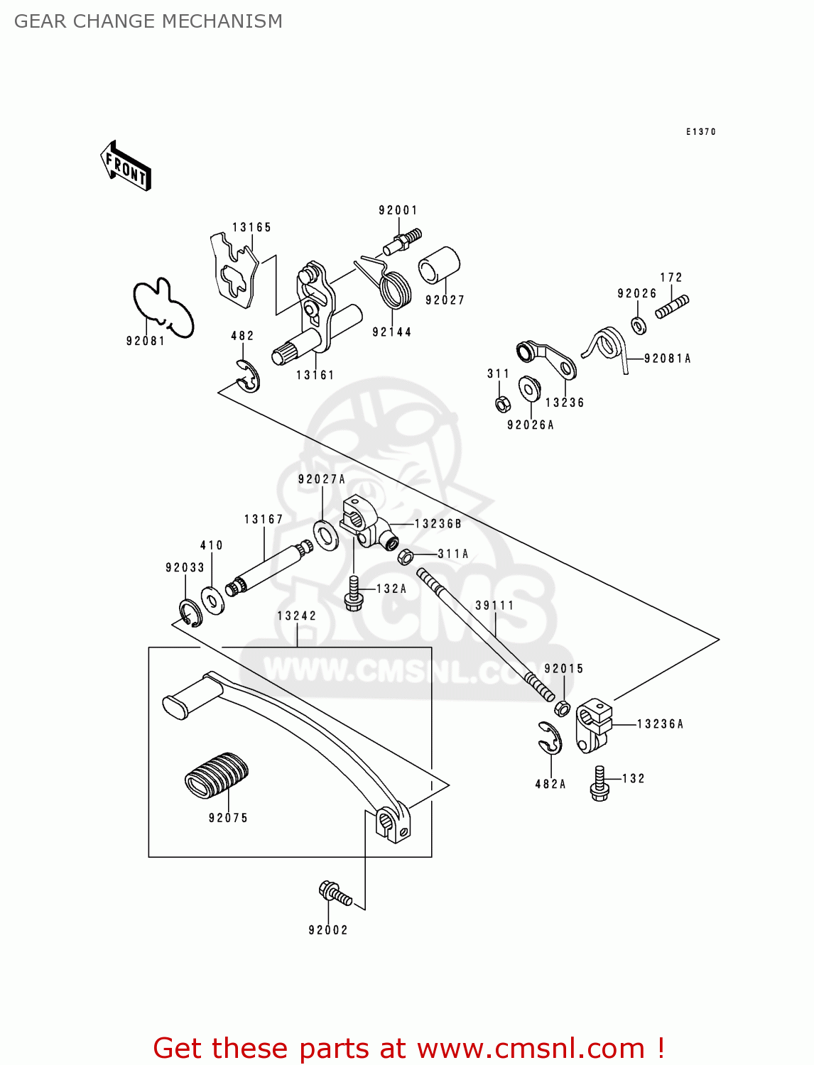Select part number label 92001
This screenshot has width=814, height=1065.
click(398, 210)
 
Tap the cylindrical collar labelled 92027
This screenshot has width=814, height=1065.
click(440, 269)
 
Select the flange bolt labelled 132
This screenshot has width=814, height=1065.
click(599, 784)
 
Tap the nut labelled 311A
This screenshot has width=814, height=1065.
click(406, 556)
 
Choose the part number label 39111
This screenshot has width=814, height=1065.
click(494, 606)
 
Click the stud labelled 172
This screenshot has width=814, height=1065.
click(672, 307)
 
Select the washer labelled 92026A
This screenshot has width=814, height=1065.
click(529, 389)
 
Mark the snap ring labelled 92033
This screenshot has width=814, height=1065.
click(190, 613)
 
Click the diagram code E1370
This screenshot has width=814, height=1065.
click(700, 132)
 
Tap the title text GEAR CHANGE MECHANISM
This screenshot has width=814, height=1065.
click(148, 21)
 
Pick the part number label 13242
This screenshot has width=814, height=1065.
click(297, 616)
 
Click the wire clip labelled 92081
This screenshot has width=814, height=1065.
click(163, 307)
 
